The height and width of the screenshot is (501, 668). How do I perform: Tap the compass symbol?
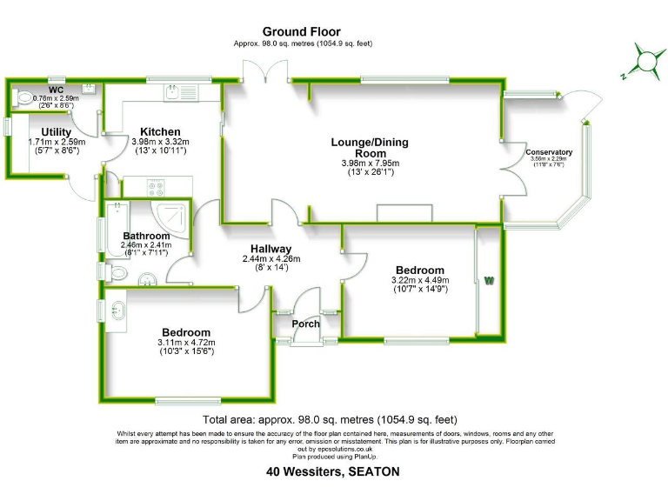(645, 61)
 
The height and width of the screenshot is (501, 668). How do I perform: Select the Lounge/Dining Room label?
(370, 142)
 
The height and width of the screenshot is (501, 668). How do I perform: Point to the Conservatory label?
(549, 153)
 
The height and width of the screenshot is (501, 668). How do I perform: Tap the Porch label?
(305, 324)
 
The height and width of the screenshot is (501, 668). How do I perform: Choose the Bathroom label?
(146, 236)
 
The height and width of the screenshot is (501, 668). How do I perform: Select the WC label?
(56, 90)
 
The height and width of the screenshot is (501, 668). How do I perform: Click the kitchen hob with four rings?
(157, 185)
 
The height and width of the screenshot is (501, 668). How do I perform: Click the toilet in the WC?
(25, 97)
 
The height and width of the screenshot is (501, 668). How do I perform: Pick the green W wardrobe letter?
(489, 280)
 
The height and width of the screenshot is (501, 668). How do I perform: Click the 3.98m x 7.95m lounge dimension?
(371, 163)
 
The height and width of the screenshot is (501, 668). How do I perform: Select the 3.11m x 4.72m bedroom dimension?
(186, 342)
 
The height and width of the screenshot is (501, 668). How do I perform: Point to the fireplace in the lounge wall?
(404, 214)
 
